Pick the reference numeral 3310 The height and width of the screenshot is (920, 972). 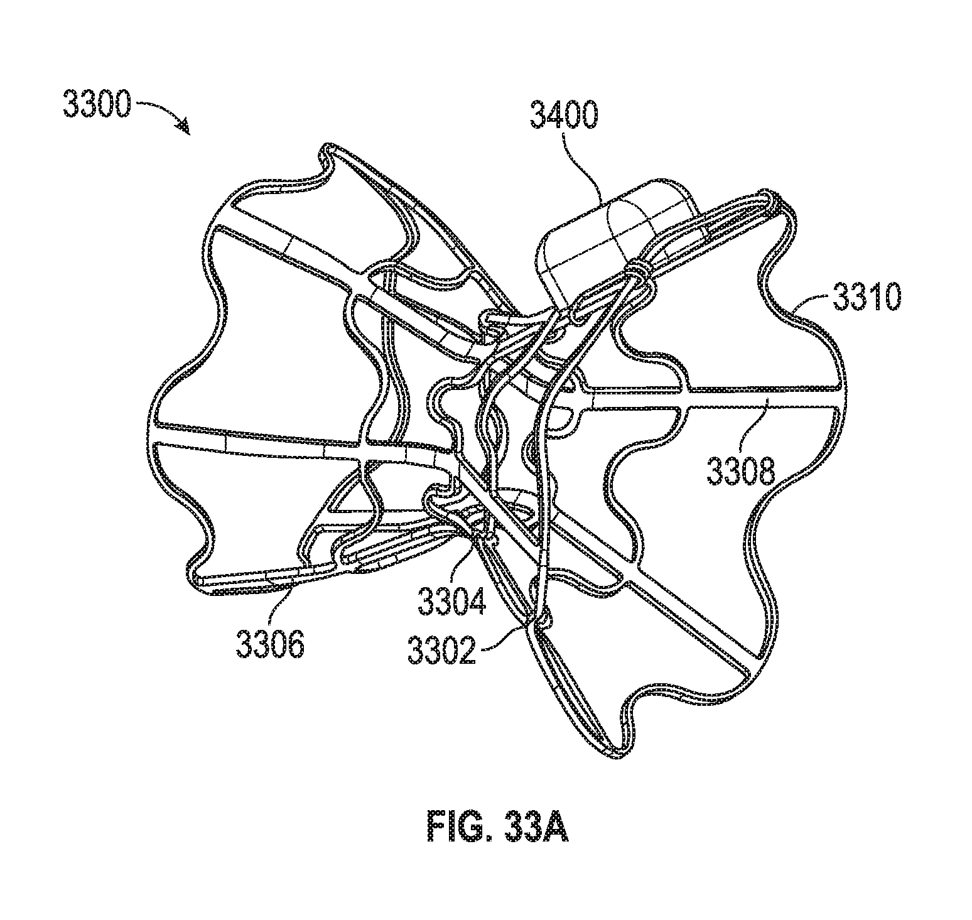[867, 297]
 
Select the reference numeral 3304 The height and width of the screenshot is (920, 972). [450, 600]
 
